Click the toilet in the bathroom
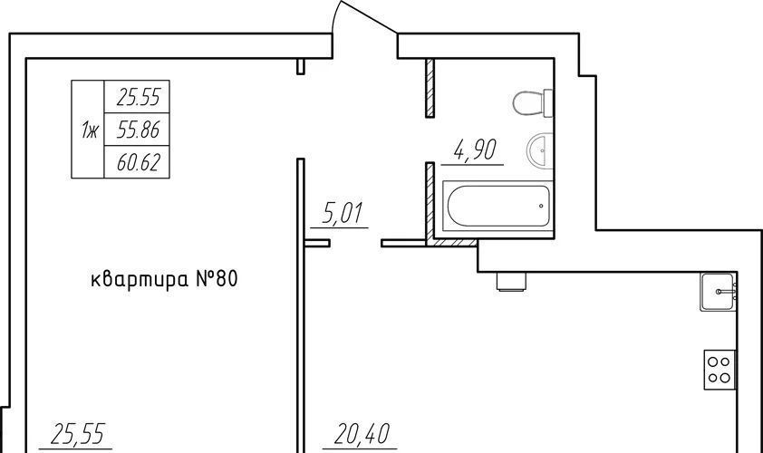534,102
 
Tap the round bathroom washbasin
540,150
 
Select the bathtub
497,206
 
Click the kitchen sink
718,292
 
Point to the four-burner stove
720,370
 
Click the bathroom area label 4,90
475,149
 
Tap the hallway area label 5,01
343,213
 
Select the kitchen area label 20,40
361,434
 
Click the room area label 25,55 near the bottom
77,434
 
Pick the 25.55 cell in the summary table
139,98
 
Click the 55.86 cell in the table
139,130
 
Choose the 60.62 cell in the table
139,162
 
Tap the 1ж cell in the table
89,130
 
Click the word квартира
140,280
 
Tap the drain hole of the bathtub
541,206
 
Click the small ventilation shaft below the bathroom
511,282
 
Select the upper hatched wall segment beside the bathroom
430,88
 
